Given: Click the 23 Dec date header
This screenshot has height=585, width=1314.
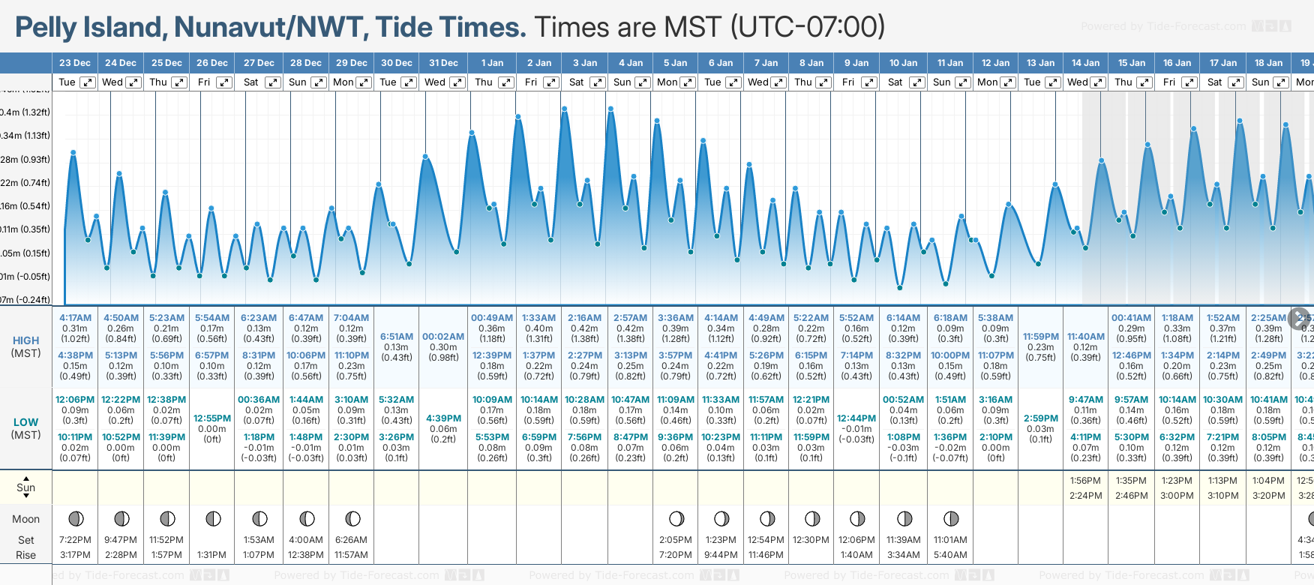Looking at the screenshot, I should [x=75, y=63].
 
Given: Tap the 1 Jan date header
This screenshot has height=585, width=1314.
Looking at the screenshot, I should [x=492, y=63].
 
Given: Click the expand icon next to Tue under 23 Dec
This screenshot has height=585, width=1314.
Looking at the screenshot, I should [x=88, y=82].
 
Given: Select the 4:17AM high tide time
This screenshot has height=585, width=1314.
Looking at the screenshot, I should [x=75, y=318].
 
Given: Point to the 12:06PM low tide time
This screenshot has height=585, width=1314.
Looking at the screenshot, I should [x=75, y=400].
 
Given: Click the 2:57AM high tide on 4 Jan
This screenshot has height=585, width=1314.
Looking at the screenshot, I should [x=630, y=318].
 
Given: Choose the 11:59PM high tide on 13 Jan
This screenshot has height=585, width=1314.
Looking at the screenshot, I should [x=1041, y=337].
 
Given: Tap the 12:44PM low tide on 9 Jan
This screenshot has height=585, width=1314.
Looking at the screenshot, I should [x=856, y=418].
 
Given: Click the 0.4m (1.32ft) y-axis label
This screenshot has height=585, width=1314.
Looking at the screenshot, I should [x=25, y=112].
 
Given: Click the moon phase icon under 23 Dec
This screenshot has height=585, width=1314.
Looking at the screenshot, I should [x=76, y=519].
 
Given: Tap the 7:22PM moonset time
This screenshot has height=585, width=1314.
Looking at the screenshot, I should [x=75, y=540].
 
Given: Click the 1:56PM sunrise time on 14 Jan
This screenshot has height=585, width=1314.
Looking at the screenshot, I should [x=1085, y=481].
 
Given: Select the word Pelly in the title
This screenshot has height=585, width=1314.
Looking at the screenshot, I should [x=46, y=28].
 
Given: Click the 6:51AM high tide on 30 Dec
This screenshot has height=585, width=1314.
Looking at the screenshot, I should [x=397, y=337].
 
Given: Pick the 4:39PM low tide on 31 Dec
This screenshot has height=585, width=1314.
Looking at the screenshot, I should [x=443, y=418].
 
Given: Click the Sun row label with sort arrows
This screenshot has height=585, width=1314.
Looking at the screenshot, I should [x=25, y=487].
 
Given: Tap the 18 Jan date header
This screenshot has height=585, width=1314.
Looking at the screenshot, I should [x=1269, y=63].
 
